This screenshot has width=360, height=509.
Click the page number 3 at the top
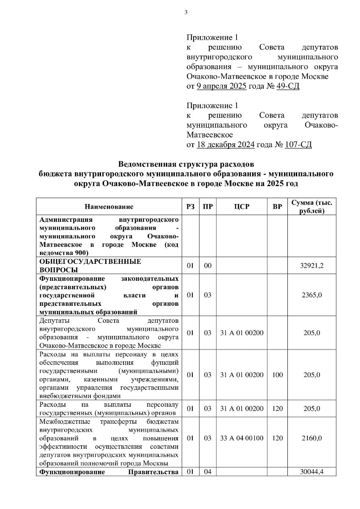pos(186,12)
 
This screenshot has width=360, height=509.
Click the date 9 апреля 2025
pos(221,87)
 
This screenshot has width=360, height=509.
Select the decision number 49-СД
pos(292,87)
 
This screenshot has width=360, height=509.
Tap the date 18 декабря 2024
pos(225,145)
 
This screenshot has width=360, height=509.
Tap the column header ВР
pos(277,207)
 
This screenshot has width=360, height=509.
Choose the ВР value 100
pos(277,375)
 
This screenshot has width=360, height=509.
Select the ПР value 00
pos(207,266)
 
